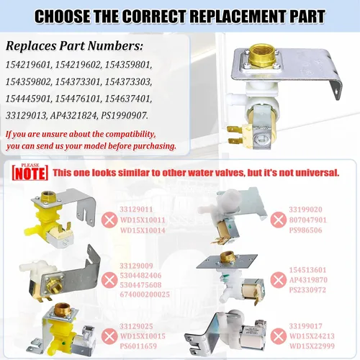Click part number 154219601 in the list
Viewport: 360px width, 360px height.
[x=29, y=65]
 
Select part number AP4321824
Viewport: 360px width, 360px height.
[x=73, y=116]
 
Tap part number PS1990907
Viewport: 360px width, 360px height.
[x=124, y=116]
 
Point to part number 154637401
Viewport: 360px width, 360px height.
[x=128, y=99]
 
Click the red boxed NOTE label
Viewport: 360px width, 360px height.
[x=30, y=172]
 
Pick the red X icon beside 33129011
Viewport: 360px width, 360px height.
[x=109, y=220]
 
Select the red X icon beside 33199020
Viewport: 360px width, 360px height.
[x=279, y=220]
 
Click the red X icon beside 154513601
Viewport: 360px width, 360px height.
[x=279, y=279]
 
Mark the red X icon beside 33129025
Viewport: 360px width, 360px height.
[x=109, y=336]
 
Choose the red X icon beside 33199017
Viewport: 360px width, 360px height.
[x=279, y=336]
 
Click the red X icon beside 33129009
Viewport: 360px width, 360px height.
[x=109, y=280]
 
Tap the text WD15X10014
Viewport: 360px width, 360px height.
[x=143, y=230]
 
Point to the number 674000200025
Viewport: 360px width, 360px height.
[x=145, y=294]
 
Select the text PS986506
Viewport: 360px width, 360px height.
[x=305, y=230]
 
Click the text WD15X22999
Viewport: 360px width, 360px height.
[x=312, y=346]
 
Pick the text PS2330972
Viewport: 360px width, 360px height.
[x=307, y=290]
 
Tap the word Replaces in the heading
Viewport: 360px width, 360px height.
[x=31, y=46]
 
